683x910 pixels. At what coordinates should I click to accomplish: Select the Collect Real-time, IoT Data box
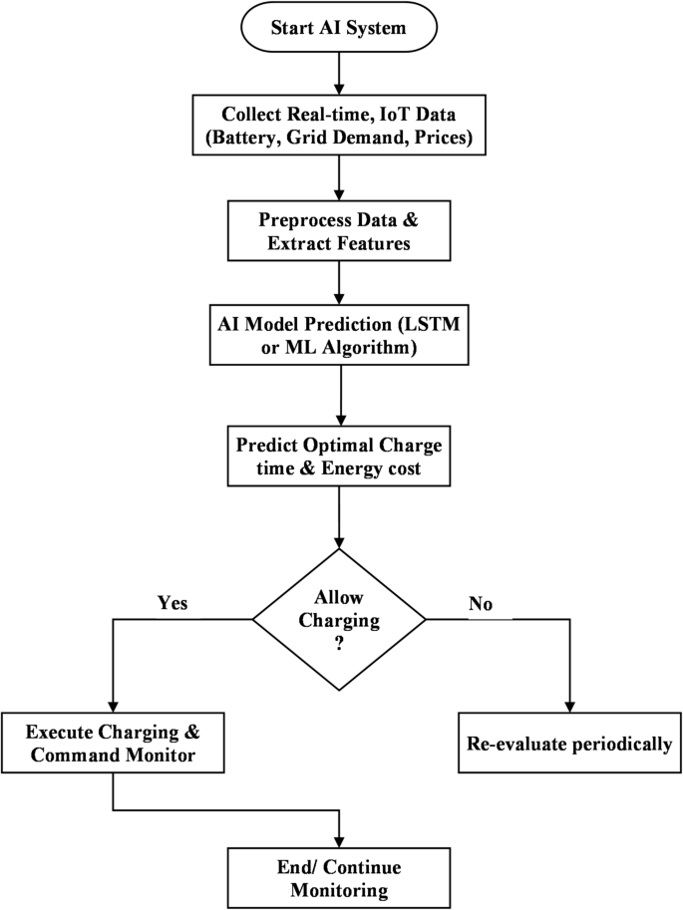[340, 125]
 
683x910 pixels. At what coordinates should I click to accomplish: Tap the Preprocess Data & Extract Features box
[340, 230]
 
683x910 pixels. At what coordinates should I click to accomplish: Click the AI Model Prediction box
[340, 336]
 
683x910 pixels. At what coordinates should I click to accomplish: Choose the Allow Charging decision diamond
[340, 619]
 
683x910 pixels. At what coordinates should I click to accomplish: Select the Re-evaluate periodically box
[568, 743]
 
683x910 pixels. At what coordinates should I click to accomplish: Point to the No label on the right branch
[481, 603]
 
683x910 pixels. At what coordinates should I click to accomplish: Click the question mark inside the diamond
[340, 644]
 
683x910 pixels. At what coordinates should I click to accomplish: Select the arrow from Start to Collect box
[340, 70]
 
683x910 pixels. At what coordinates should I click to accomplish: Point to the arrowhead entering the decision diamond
[340, 540]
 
